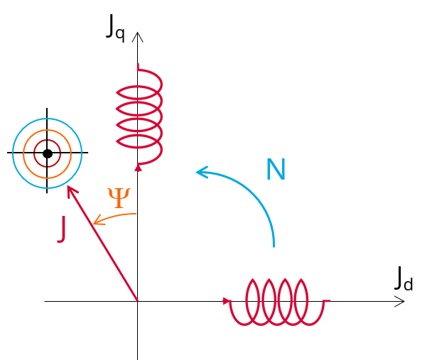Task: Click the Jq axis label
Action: tap(116, 27)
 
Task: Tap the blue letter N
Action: tap(276, 170)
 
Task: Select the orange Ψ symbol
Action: tap(118, 198)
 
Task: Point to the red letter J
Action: tap(63, 229)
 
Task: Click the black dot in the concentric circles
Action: tap(48, 153)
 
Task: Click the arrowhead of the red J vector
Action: tap(69, 189)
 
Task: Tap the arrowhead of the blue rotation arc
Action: tap(200, 171)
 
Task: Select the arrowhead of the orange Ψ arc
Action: tap(96, 224)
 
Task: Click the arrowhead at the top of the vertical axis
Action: tap(138, 36)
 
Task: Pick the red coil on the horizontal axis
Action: tap(277, 302)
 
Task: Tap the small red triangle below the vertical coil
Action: tap(138, 168)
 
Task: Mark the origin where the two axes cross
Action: tap(138, 301)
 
